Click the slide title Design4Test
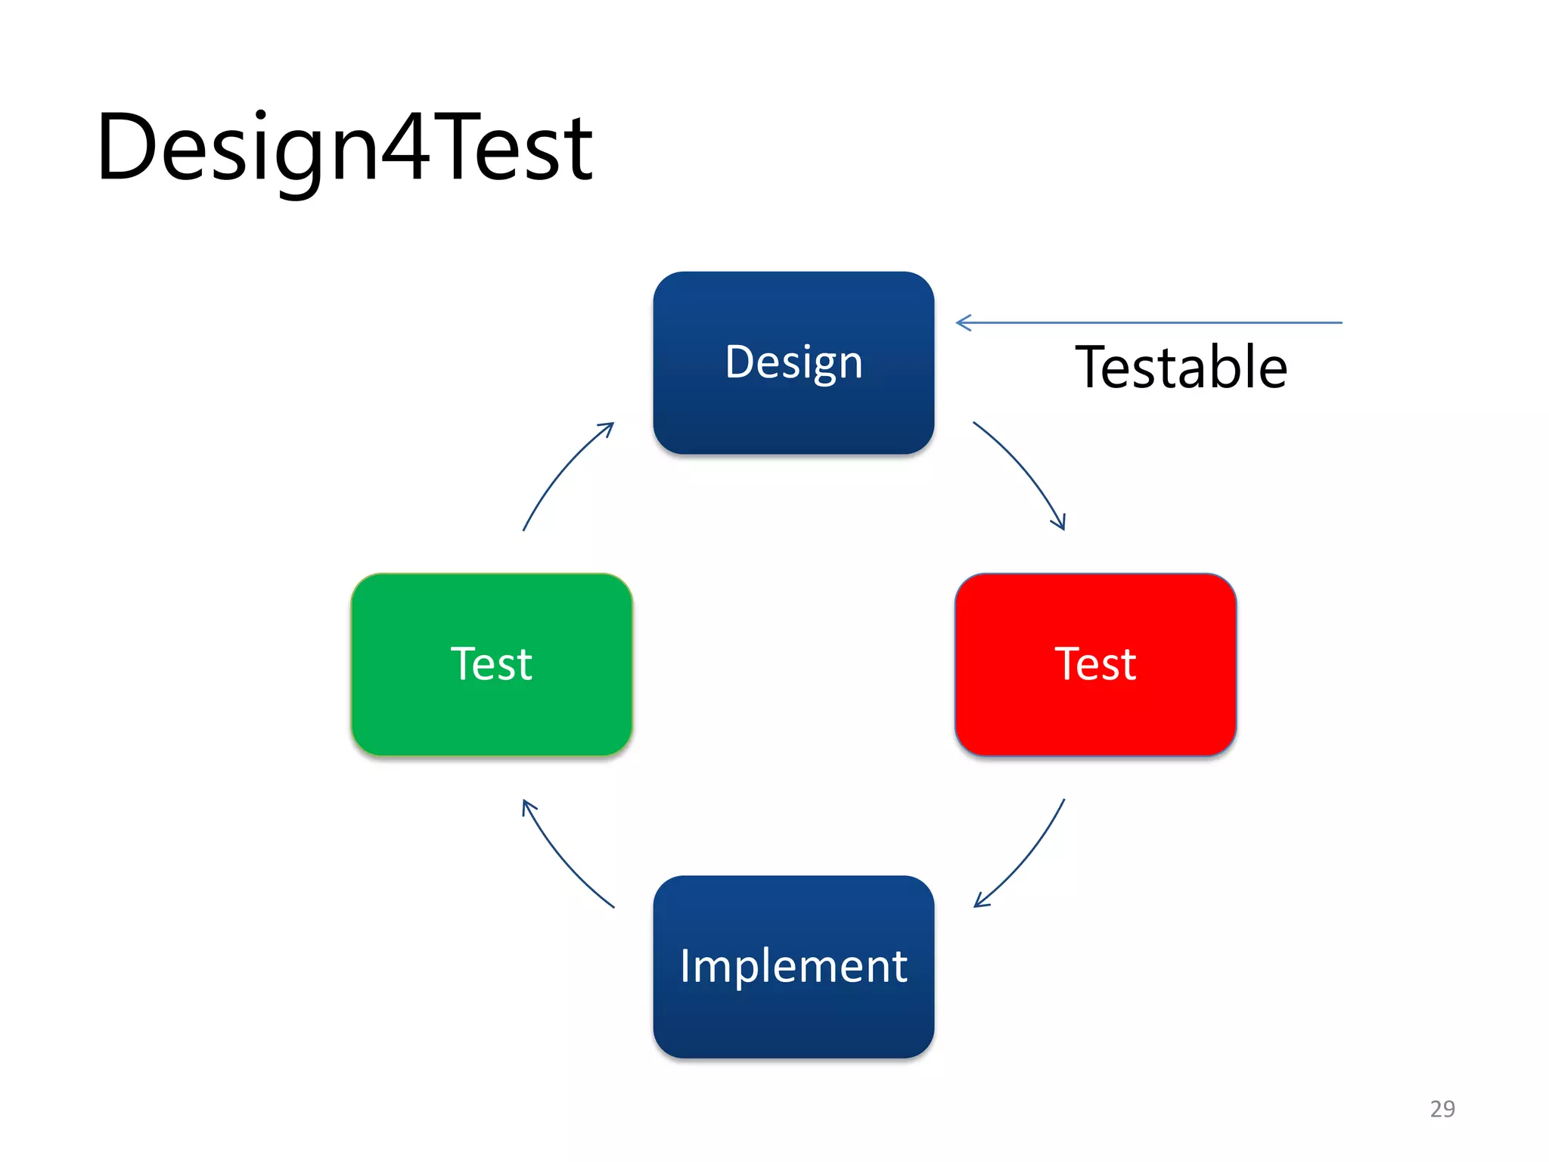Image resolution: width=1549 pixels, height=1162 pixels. tap(344, 148)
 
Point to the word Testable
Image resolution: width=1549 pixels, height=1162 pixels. tap(1181, 368)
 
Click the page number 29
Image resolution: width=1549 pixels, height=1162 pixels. tap(1442, 1108)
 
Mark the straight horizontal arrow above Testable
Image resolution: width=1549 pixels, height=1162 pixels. tap(1150, 323)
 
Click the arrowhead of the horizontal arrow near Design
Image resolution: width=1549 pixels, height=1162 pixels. tap(962, 323)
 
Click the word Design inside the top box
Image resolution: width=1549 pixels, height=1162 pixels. tap(793, 362)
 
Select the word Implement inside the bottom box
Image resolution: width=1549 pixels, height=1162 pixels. tap(793, 966)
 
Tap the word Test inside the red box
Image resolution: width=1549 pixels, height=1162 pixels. tap(1095, 663)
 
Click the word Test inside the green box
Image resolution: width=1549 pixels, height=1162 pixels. tap(492, 663)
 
